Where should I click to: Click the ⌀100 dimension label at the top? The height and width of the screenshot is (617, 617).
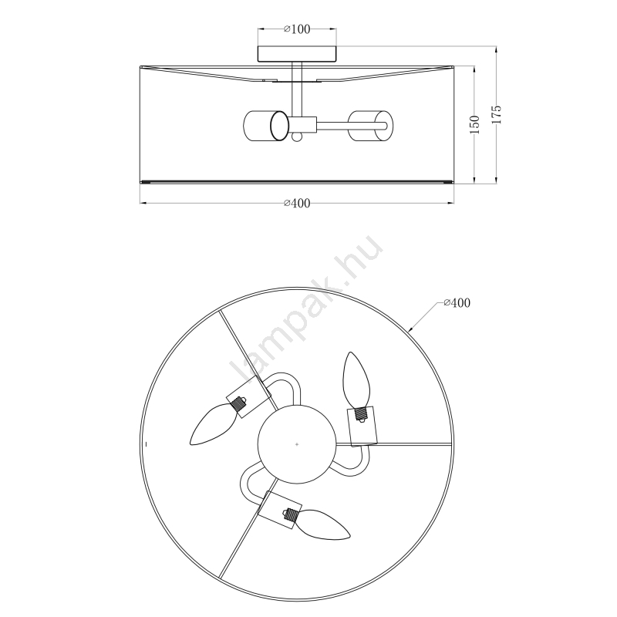click(297, 29)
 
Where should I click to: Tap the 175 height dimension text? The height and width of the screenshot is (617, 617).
click(497, 114)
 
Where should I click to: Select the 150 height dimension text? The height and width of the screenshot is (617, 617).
click(475, 124)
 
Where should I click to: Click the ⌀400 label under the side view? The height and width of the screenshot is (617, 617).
click(297, 203)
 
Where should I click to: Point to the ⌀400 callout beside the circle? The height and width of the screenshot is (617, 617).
click(457, 302)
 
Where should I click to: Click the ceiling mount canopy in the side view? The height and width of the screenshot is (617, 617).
click(297, 54)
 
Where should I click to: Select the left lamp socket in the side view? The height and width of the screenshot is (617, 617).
click(266, 126)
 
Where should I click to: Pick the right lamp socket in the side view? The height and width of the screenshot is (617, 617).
click(370, 126)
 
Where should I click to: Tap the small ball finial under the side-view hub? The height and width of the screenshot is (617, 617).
click(297, 137)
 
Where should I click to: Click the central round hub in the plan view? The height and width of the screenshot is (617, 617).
click(297, 444)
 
